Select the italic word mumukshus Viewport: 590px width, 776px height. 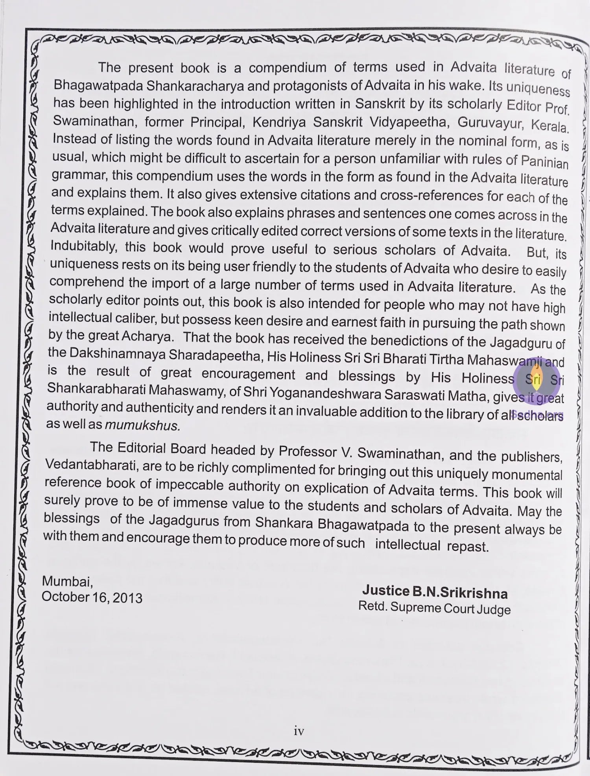[x=143, y=425]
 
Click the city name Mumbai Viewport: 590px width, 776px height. [x=67, y=581]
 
